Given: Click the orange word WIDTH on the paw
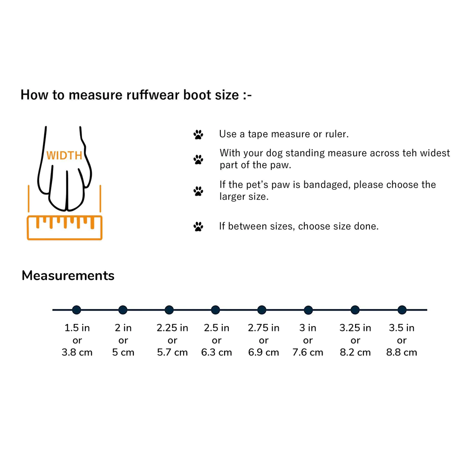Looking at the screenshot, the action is point(64,156).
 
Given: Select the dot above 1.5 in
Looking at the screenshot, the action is point(77,310).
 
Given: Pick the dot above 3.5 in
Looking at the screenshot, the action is point(402,310).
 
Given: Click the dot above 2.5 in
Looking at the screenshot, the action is point(215,310).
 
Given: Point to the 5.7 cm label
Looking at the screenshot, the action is point(172,352).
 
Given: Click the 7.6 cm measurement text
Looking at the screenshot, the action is point(308,352).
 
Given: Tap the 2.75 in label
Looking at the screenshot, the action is point(264,328).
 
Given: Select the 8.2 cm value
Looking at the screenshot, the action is point(355,352).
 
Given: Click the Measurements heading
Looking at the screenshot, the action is point(68,275).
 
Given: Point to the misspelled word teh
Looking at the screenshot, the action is point(410,153).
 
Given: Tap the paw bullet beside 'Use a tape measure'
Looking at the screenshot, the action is point(198,135).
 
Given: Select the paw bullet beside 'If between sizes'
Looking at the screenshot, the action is point(198,227).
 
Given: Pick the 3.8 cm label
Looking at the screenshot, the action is point(77,352).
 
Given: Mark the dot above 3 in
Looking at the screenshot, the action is point(308,310).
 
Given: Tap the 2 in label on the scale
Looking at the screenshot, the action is point(123,328).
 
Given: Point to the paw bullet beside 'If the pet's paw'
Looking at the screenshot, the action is point(198,191).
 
